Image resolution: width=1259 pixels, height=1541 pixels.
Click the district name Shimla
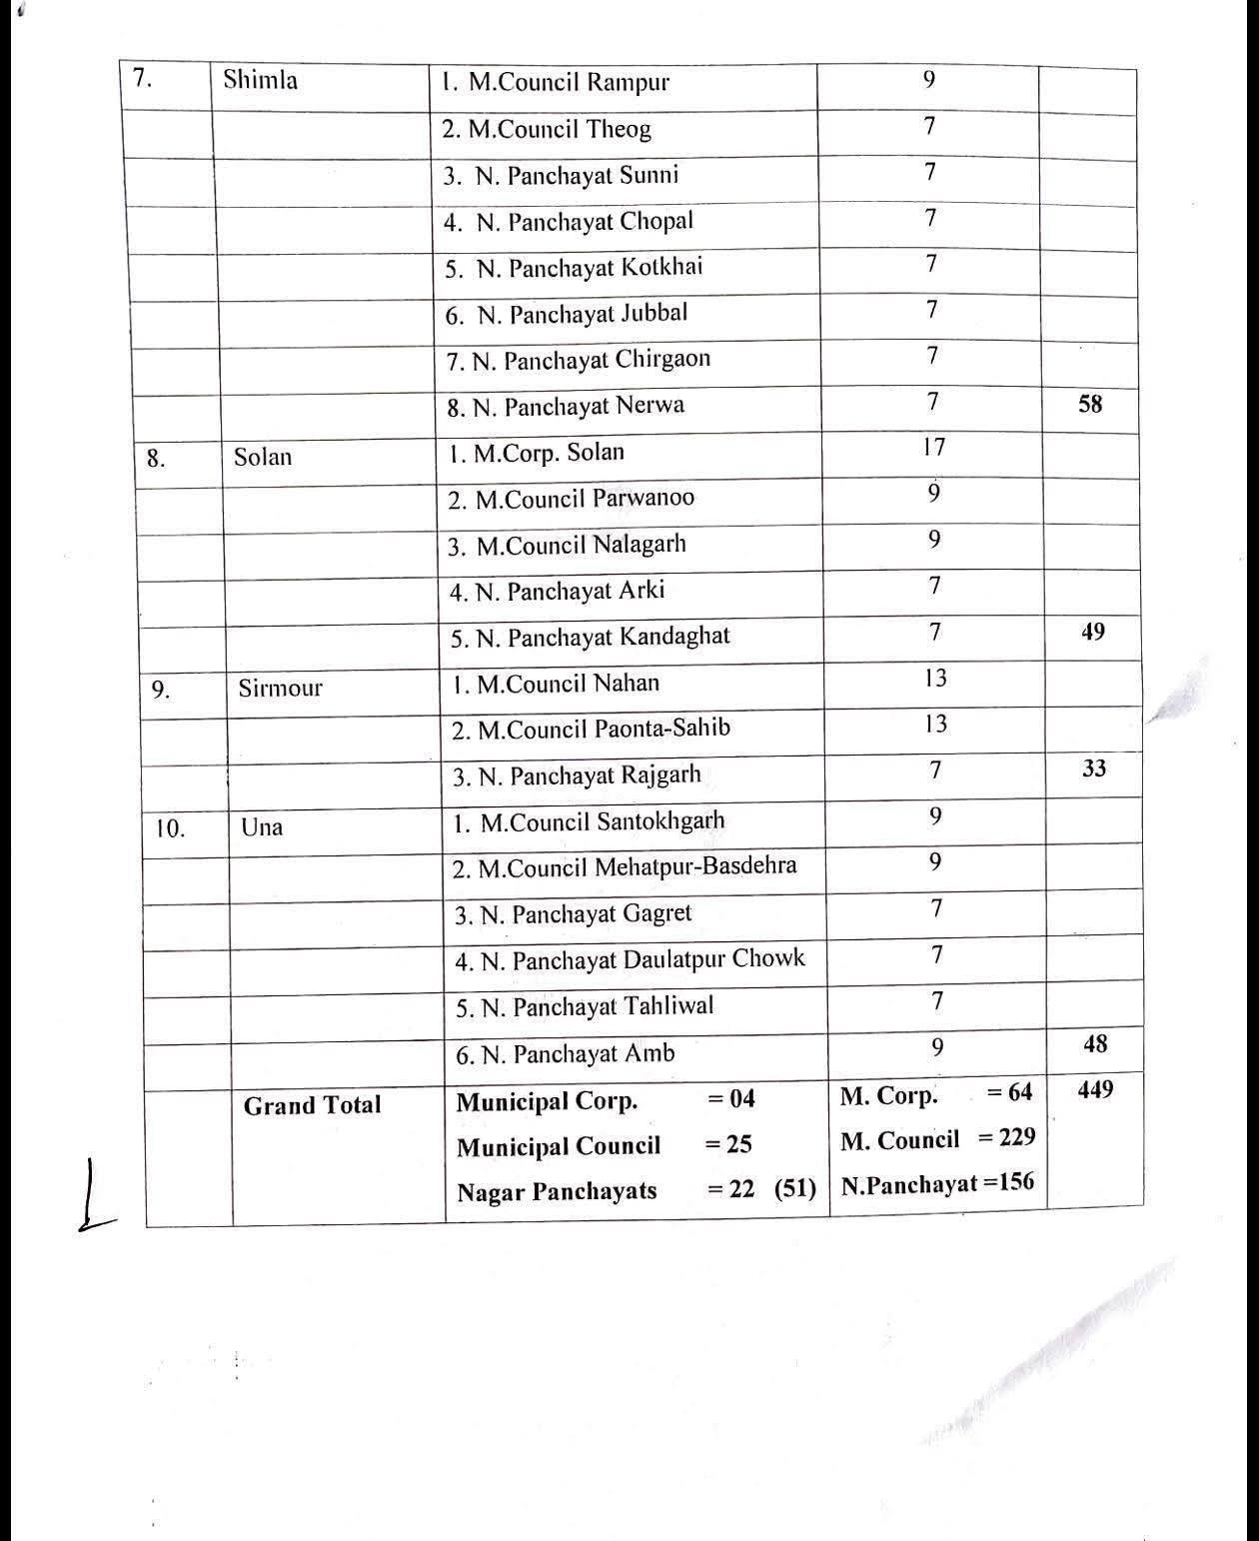pos(260,80)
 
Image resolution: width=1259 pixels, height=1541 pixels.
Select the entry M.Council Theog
pos(547,129)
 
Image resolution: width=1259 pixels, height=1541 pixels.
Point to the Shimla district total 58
pos(1090,404)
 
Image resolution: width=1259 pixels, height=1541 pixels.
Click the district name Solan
pos(263,457)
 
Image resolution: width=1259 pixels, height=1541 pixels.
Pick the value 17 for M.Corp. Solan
pos(933,447)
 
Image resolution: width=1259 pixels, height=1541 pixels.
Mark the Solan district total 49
pos(1093,632)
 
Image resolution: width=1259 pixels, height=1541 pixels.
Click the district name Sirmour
pos(280,688)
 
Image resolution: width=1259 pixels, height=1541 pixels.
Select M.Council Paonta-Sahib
pos(591,730)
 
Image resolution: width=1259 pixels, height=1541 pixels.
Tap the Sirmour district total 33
pos(1094,769)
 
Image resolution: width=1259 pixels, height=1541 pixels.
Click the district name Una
pos(262,826)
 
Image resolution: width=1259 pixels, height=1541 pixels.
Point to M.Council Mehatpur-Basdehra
pos(625,866)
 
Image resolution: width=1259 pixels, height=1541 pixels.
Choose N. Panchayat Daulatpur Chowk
pos(629,960)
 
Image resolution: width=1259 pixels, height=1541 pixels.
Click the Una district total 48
pos(1095,1044)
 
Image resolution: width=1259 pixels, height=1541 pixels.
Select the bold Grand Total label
pos(312,1105)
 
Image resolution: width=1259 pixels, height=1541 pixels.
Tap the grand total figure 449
pos(1096,1089)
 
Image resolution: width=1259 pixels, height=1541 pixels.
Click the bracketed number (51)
pos(795,1189)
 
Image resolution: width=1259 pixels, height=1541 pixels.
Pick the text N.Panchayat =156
pos(937,1184)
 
